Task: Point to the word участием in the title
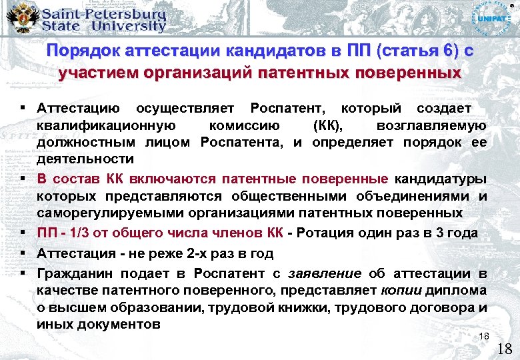87,73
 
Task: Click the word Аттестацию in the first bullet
79,108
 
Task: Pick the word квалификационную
106,125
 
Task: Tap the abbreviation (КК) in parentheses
327,125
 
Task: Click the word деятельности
85,160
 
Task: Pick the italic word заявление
325,273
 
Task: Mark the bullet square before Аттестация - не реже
23,253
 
